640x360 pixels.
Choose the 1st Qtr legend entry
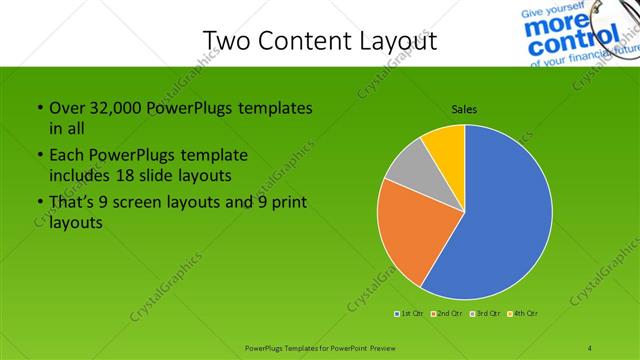click(408, 314)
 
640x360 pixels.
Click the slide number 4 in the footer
click(590, 348)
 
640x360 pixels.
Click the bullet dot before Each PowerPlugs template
click(38, 157)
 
